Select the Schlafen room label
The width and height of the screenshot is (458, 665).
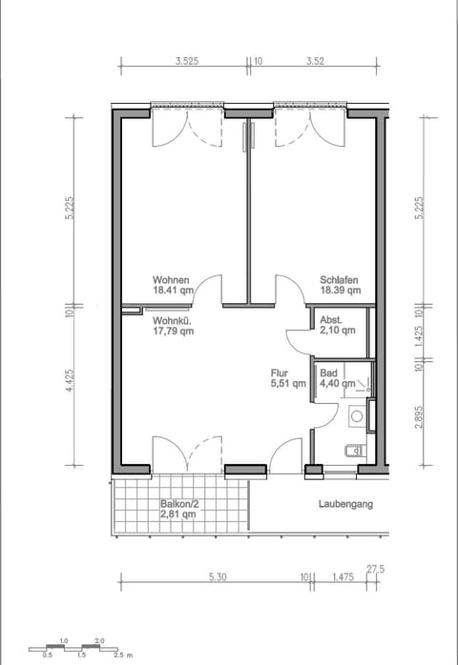click(x=340, y=280)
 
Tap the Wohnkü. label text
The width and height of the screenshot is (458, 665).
click(x=173, y=321)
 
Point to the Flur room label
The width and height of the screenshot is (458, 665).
click(x=280, y=373)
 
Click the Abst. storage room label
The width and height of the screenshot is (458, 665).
click(x=331, y=320)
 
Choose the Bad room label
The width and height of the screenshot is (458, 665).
click(x=328, y=373)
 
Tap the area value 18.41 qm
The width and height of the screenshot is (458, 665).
click(x=174, y=291)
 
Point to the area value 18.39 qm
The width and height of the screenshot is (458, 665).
click(x=340, y=291)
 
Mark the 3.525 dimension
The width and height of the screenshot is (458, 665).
click(x=187, y=60)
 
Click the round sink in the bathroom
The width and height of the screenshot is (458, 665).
click(x=356, y=415)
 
